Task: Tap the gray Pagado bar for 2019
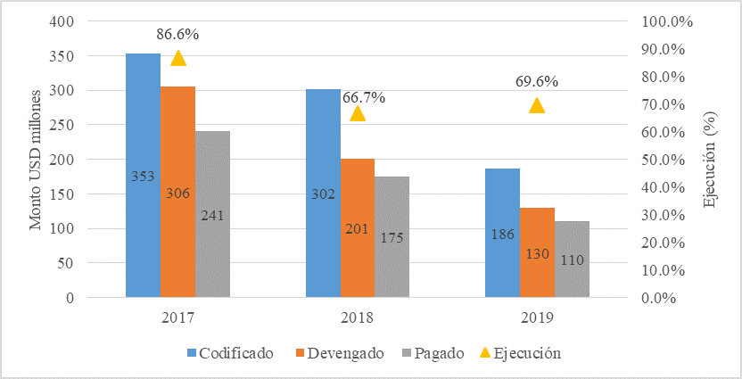click(572, 259)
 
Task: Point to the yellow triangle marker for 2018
click(358, 113)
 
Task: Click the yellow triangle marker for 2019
click(537, 105)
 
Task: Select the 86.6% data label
click(177, 35)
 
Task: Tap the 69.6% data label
click(537, 82)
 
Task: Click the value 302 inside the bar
click(323, 194)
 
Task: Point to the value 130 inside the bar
click(537, 253)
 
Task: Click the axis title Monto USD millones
click(36, 159)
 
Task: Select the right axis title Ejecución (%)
click(711, 159)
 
